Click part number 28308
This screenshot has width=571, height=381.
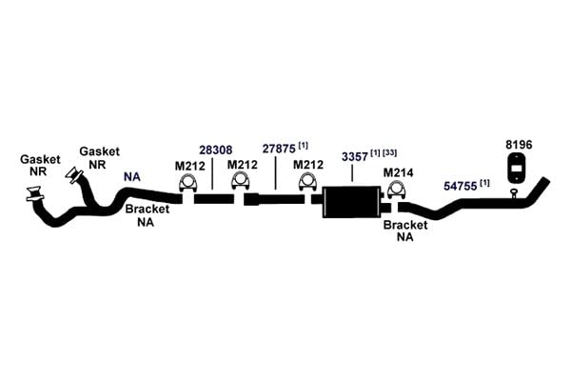[x=216, y=150]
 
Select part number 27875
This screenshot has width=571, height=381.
[x=279, y=149]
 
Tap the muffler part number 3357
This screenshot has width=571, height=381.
[x=355, y=157]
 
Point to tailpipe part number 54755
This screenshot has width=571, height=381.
[x=461, y=187]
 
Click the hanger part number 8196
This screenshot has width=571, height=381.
[x=519, y=145]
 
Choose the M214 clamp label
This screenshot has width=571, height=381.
[x=398, y=172]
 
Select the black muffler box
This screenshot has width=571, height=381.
[x=351, y=202]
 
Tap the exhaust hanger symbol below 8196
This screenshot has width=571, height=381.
[x=517, y=168]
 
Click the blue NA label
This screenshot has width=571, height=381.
[x=132, y=177]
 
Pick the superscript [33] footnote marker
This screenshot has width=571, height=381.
[x=389, y=152]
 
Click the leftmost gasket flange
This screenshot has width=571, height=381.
[x=35, y=194]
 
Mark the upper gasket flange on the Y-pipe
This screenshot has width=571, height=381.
[x=74, y=174]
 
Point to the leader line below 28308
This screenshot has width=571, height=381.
[x=212, y=172]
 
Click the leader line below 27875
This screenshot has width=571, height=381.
[x=276, y=172]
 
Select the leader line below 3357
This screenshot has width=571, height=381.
[x=352, y=172]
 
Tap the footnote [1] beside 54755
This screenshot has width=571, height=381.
[x=484, y=183]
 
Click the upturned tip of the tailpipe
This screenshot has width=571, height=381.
[x=544, y=182]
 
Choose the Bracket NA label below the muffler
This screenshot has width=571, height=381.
[x=405, y=231]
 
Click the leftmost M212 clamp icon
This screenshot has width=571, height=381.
[x=187, y=184]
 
